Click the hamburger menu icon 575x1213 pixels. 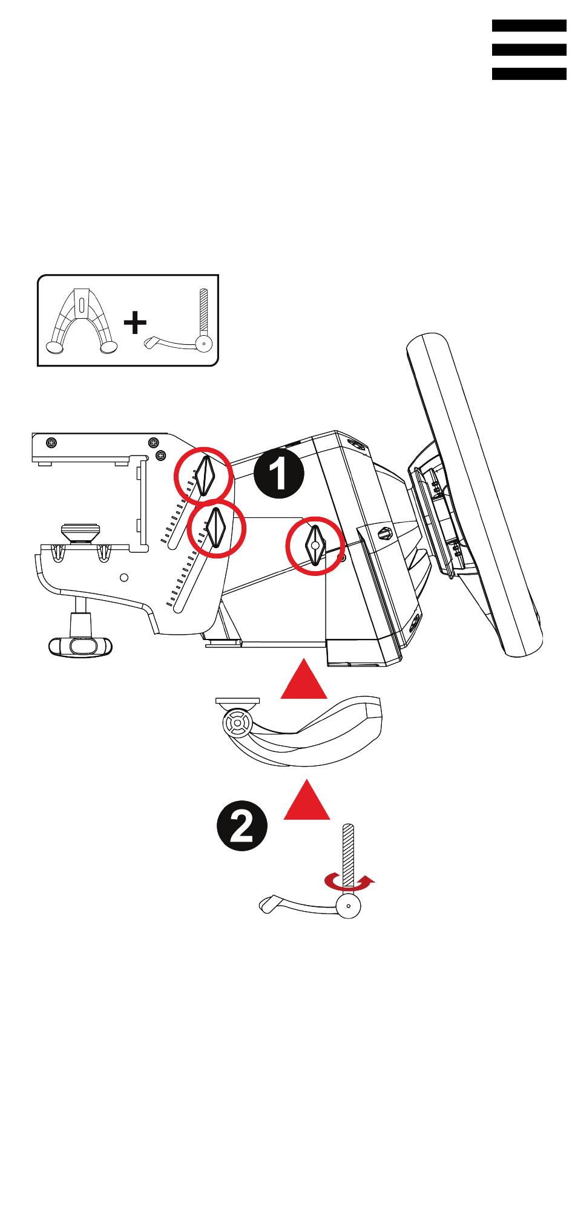pyautogui.click(x=529, y=50)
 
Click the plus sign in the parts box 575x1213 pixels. pyautogui.click(x=135, y=322)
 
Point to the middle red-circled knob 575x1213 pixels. pyautogui.click(x=216, y=528)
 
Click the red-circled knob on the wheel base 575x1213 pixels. pyautogui.click(x=315, y=546)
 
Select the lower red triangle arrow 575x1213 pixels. pyautogui.click(x=307, y=799)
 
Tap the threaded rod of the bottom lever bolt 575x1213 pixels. pyautogui.click(x=348, y=860)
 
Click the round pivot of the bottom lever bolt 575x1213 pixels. pyautogui.click(x=349, y=906)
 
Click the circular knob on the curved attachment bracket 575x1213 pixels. pyautogui.click(x=237, y=722)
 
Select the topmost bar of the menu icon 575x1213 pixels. pyautogui.click(x=529, y=25)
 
